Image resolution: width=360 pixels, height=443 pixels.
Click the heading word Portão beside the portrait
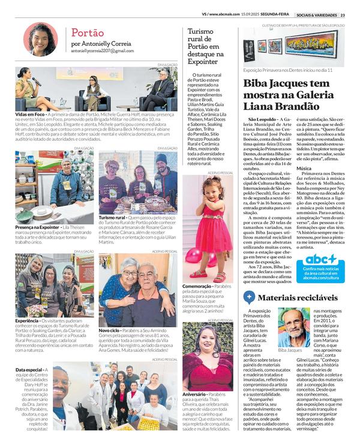point(88,32)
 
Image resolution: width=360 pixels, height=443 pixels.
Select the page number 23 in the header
point(342,15)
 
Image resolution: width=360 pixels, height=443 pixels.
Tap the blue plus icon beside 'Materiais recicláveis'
point(249,296)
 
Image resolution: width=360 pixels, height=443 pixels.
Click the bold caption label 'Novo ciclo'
point(110,331)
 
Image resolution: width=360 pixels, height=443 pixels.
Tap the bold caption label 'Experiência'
point(28,321)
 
